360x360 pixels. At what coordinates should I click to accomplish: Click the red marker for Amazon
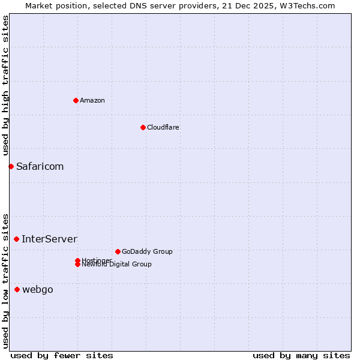pyautogui.click(x=76, y=100)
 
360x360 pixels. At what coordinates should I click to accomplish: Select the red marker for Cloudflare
pyautogui.click(x=143, y=127)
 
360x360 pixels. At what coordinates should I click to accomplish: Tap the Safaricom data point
pyautogui.click(x=11, y=166)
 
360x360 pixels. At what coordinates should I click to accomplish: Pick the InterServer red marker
pyautogui.click(x=16, y=239)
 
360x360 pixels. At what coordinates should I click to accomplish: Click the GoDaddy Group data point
pyautogui.click(x=118, y=251)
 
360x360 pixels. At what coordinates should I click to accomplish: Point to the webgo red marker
pyautogui.click(x=17, y=289)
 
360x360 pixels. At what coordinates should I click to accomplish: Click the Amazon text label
pyautogui.click(x=92, y=100)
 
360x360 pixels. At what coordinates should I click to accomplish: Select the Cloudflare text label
pyautogui.click(x=163, y=127)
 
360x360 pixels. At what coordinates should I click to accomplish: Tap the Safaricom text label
pyautogui.click(x=40, y=166)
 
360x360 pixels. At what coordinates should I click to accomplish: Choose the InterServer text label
pyautogui.click(x=49, y=239)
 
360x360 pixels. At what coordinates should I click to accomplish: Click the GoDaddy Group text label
pyautogui.click(x=147, y=251)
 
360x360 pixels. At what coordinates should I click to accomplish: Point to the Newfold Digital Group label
pyautogui.click(x=117, y=265)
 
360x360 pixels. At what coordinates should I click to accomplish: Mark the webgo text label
pyautogui.click(x=38, y=289)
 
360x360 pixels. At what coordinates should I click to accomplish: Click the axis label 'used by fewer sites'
pyautogui.click(x=62, y=355)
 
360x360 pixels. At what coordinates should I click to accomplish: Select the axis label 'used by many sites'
pyautogui.click(x=301, y=355)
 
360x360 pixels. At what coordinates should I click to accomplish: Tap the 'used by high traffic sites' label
pyautogui.click(x=5, y=85)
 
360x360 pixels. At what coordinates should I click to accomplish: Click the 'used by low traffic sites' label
pyautogui.click(x=5, y=280)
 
